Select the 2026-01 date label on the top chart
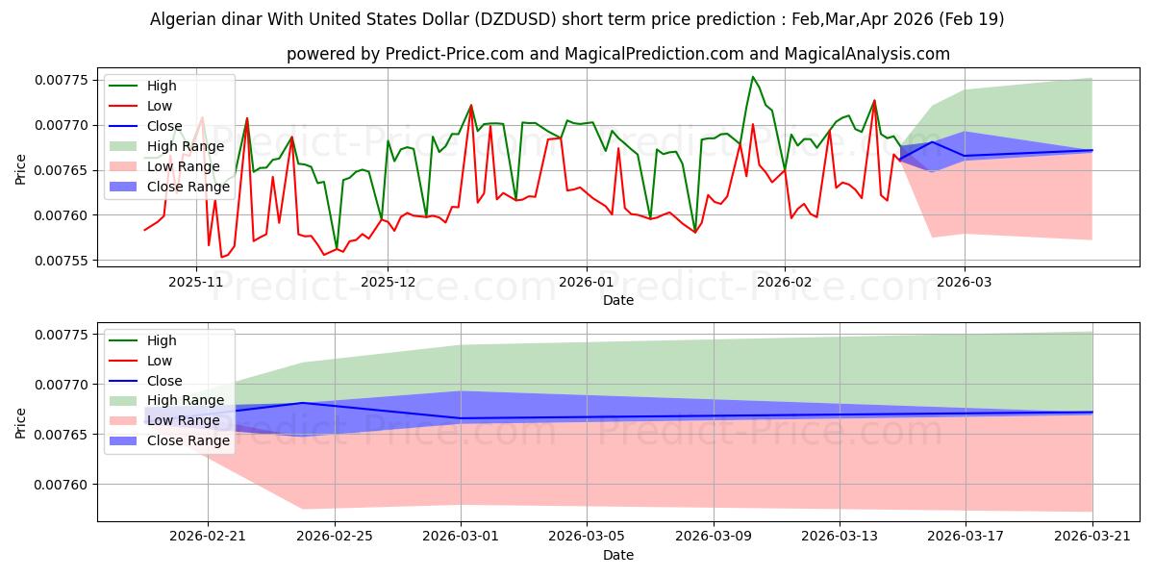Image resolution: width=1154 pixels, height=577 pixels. tap(587, 282)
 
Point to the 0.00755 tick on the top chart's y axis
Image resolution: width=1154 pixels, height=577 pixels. tap(62, 261)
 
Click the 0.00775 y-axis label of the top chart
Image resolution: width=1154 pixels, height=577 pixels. tap(62, 80)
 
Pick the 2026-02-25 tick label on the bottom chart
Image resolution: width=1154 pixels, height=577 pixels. tap(335, 536)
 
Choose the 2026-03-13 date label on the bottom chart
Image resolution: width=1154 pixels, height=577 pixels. tap(840, 536)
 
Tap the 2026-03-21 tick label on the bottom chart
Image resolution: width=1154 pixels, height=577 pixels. tap(1092, 536)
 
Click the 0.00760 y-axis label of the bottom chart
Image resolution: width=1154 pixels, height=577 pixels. tap(62, 485)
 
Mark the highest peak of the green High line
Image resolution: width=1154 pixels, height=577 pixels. tap(753, 77)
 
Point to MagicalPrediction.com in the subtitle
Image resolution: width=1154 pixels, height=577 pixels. tap(654, 54)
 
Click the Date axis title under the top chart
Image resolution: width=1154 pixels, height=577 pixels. tap(618, 300)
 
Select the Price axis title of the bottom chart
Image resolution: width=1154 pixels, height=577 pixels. tap(20, 423)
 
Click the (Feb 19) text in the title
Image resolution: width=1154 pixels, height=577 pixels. tap(971, 19)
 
